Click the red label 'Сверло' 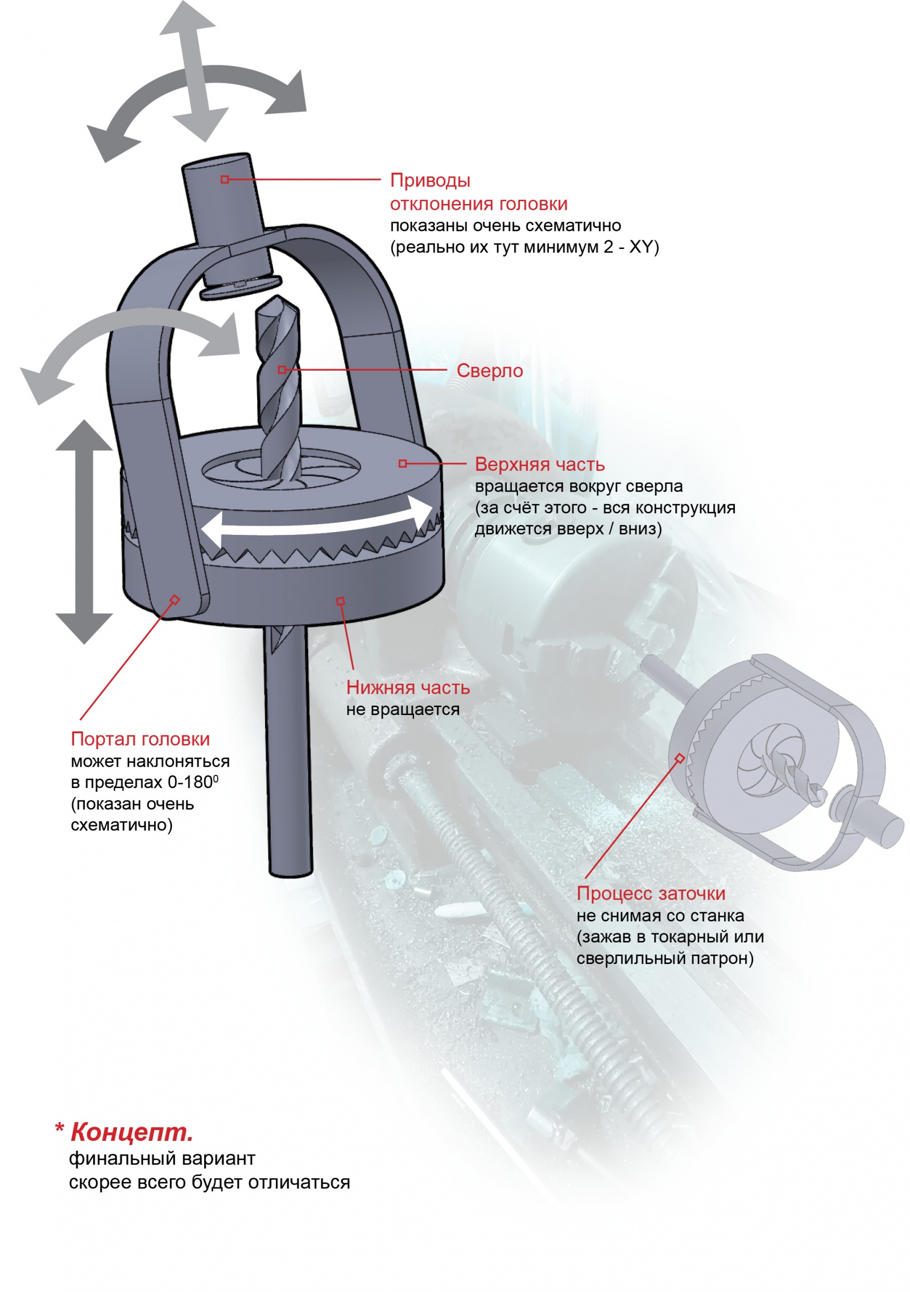(x=490, y=371)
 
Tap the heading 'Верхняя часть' (x=540, y=464)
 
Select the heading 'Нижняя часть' (x=408, y=687)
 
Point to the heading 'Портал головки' (x=140, y=739)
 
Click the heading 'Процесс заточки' (x=651, y=894)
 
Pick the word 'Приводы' (x=431, y=181)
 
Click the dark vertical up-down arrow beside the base (x=84, y=532)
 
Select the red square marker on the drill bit (x=282, y=370)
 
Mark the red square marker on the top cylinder (x=225, y=180)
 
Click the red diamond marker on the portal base (x=175, y=600)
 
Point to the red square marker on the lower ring (x=340, y=601)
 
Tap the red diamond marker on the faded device (x=680, y=758)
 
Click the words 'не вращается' (x=403, y=709)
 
